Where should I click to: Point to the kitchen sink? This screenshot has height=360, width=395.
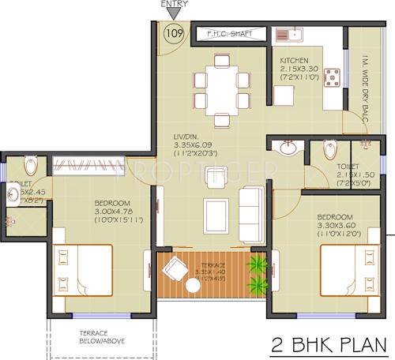(x=289, y=34)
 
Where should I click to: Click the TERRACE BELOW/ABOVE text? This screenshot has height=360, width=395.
(x=99, y=337)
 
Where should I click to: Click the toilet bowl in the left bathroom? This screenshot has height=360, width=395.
(x=29, y=164)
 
